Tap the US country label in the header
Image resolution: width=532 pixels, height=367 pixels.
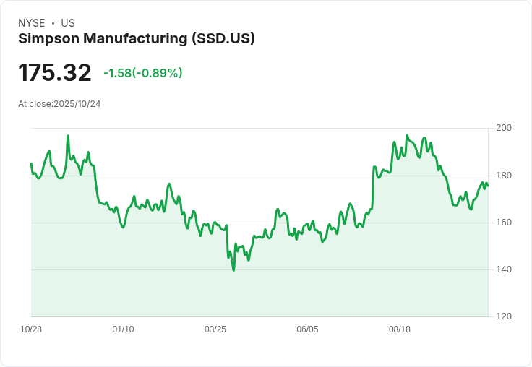(68, 23)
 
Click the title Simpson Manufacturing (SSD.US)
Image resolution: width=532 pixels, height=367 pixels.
(137, 39)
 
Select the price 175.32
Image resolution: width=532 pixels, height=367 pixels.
(55, 73)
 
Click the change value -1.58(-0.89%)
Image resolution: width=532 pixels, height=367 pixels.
(142, 73)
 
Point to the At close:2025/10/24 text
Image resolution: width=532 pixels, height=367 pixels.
(59, 104)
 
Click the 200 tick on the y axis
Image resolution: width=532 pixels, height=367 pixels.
(504, 128)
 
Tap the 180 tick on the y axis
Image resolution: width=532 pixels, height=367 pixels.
(504, 176)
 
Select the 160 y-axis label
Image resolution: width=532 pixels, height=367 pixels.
(504, 223)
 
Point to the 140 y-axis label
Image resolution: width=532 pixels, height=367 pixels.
(504, 269)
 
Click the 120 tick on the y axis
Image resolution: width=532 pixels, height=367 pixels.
(504, 316)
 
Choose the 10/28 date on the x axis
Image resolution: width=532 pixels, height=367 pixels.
(31, 329)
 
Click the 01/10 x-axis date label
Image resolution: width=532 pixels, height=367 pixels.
(123, 329)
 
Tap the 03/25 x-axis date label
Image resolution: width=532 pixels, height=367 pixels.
(215, 329)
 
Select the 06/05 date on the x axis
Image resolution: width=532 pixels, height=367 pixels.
(307, 329)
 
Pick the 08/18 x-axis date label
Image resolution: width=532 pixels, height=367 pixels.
(400, 329)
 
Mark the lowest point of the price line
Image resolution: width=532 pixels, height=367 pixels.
(233, 270)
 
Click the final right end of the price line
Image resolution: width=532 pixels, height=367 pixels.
(488, 186)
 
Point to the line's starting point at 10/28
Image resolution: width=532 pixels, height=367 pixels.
(31, 164)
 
